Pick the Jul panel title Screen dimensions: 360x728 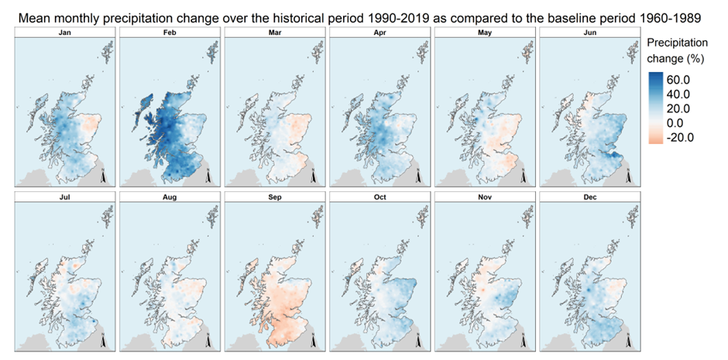click(x=66, y=198)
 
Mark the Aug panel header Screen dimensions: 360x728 click(x=170, y=198)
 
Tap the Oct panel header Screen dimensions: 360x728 click(x=379, y=198)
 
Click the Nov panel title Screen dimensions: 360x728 click(x=483, y=198)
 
